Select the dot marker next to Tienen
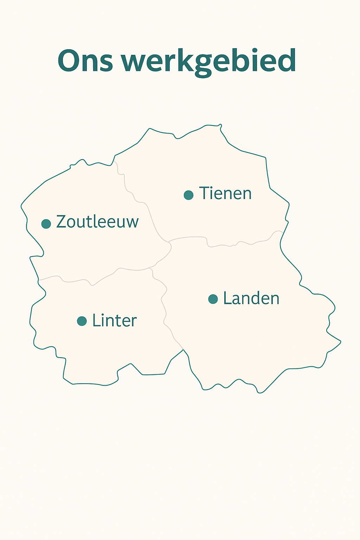coord(189,195)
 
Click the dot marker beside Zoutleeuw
coord(46,224)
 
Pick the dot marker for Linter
coord(82,321)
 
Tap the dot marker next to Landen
coord(213,299)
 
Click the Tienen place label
coord(225,193)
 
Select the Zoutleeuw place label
coord(97,222)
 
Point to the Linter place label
coord(114,321)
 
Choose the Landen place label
coord(251,298)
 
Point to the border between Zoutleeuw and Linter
coord(77,281)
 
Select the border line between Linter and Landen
coord(164,309)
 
